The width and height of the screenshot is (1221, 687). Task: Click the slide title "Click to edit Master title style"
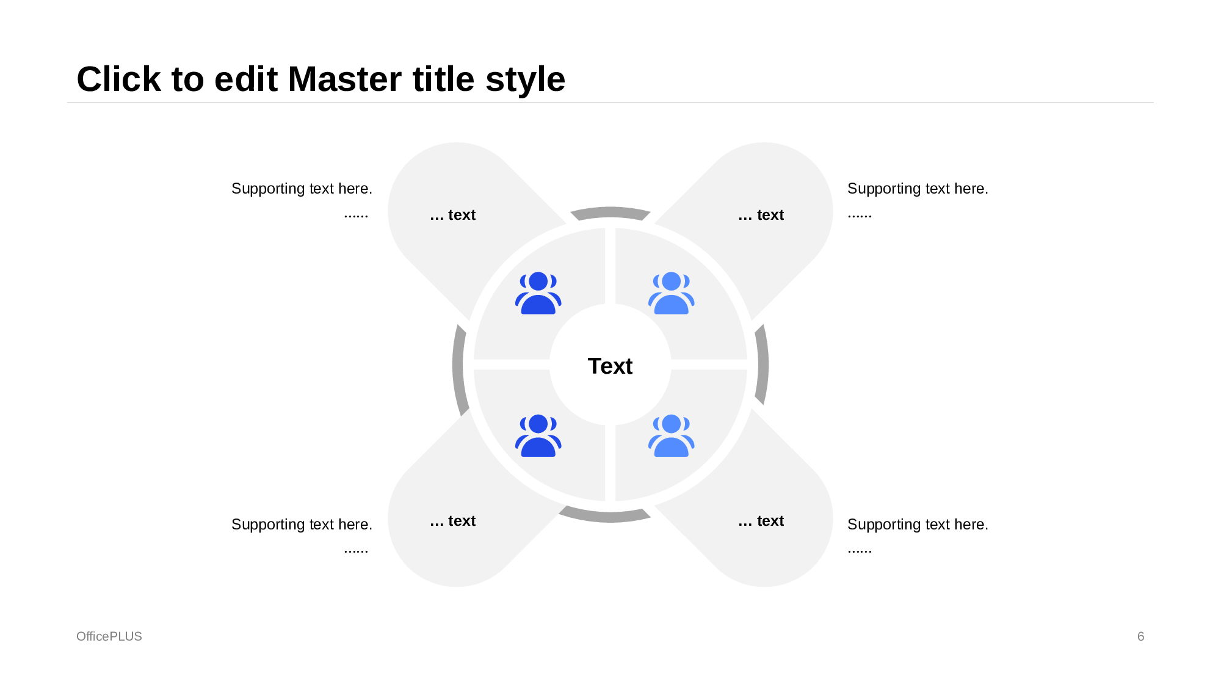click(321, 79)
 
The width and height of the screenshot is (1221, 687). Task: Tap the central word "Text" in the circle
click(610, 366)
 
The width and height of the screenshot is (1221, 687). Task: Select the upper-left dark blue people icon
click(538, 293)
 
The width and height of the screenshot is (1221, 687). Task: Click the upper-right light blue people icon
click(671, 293)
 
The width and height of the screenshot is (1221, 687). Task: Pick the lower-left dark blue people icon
click(538, 435)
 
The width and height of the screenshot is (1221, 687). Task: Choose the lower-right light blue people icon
click(671, 435)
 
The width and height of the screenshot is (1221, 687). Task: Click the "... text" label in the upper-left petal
click(452, 215)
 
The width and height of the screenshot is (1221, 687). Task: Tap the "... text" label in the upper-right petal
click(761, 215)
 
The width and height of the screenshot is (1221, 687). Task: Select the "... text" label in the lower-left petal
click(452, 521)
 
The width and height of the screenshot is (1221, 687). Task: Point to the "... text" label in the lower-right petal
click(761, 521)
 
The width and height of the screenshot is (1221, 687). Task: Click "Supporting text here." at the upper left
click(302, 189)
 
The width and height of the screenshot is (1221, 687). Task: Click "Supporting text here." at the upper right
click(918, 189)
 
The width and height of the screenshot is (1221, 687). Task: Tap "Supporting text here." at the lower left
click(302, 525)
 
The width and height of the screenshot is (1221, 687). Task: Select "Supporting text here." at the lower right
click(918, 525)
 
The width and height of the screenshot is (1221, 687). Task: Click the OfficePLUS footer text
click(109, 636)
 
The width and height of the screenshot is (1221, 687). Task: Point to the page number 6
click(1140, 636)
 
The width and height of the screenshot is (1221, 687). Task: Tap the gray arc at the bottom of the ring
click(604, 517)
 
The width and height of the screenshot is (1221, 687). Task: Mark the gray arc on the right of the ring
click(763, 365)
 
